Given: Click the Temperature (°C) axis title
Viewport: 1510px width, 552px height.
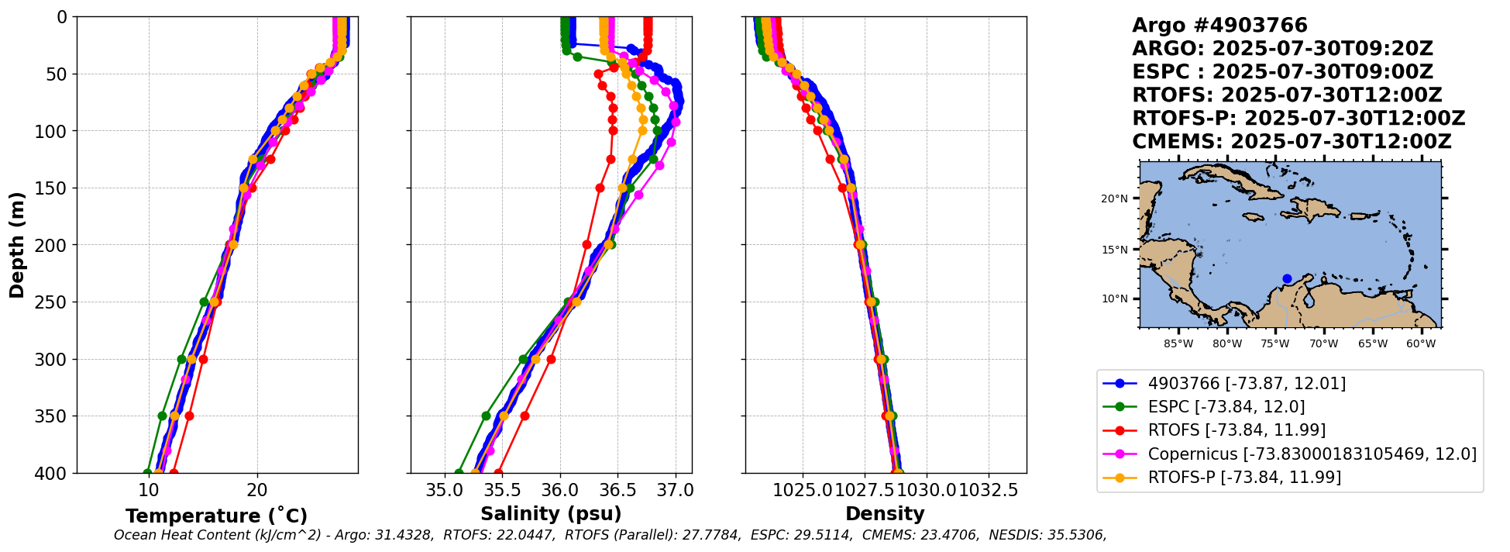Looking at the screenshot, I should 216,516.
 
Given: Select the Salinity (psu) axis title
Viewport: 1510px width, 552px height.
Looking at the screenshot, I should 551,514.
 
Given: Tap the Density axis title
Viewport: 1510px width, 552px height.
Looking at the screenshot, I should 885,514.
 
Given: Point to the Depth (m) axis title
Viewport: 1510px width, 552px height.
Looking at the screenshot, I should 17,245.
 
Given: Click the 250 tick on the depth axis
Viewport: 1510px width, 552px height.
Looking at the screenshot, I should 56,302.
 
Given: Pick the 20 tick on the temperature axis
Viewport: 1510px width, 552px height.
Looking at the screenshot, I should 257,491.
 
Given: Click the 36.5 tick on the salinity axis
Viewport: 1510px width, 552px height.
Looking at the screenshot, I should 617,491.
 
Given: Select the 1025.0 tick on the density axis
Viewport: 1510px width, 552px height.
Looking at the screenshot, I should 803,491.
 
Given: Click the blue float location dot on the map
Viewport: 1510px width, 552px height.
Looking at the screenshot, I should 1287,278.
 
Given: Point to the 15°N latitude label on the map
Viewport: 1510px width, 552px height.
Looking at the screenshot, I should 1114,250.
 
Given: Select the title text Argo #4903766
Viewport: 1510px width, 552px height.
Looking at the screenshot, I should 1219,26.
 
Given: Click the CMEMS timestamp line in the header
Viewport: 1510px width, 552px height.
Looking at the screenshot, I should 1292,142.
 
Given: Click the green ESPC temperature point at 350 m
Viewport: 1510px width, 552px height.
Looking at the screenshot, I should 163,416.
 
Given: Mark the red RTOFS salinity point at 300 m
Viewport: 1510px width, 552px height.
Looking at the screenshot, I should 551,359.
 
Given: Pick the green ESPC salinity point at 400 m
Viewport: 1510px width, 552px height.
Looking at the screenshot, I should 459,473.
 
